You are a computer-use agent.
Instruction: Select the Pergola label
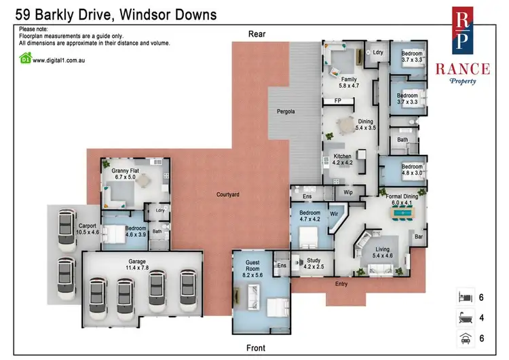(284, 111)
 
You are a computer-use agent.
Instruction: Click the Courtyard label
(227, 195)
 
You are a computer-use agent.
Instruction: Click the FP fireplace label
(337, 101)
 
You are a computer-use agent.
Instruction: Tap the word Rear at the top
(257, 33)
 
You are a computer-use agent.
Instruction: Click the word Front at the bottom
(255, 348)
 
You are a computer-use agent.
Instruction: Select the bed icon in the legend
(466, 297)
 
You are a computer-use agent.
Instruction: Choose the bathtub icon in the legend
(466, 318)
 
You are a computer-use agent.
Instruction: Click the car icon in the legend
(466, 338)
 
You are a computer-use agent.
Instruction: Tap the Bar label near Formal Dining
(418, 237)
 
